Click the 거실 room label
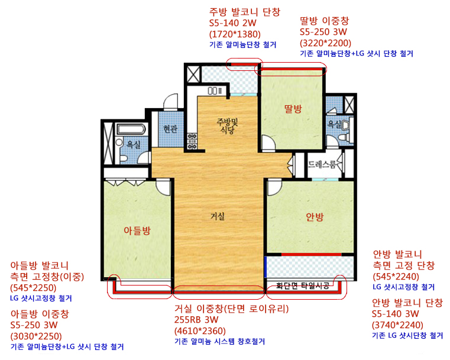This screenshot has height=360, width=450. (218, 216)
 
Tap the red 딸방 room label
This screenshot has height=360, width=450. (293, 109)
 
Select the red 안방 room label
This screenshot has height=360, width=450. (315, 217)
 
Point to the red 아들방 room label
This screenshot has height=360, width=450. (137, 231)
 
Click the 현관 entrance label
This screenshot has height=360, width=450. (170, 129)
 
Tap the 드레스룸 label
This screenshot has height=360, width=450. (322, 164)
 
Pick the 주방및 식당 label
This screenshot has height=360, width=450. (227, 126)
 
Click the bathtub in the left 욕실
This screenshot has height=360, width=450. (131, 129)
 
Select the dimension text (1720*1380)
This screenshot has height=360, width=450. (235, 34)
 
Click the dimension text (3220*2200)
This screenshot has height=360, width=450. (325, 43)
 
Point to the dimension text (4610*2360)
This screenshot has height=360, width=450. (200, 331)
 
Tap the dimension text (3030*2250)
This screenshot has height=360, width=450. (36, 336)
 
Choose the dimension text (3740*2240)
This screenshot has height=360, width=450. (397, 325)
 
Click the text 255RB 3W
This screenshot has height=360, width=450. (196, 320)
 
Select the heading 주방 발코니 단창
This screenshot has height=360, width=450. (245, 12)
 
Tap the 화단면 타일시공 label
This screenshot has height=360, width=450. (303, 286)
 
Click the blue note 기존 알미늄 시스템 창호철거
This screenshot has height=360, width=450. (219, 341)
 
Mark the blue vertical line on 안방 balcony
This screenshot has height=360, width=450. (266, 267)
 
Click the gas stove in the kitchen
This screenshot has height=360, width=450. (192, 141)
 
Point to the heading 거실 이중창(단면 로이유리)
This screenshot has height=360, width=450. (231, 309)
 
